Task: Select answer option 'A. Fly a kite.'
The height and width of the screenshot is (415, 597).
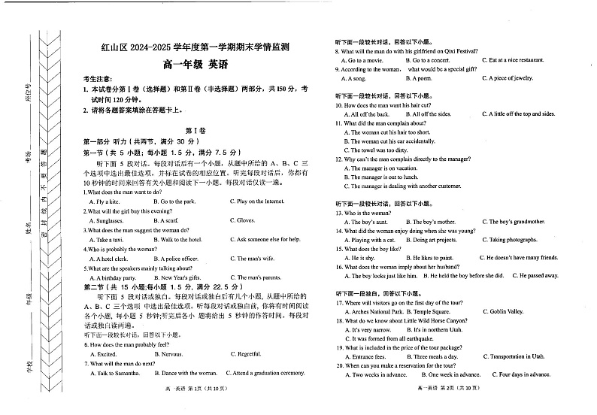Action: pos(104,201)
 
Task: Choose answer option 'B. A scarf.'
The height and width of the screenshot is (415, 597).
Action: pos(165,220)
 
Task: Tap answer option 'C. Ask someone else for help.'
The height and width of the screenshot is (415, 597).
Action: pos(269,239)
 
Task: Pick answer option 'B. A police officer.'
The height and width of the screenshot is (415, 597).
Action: pos(177,258)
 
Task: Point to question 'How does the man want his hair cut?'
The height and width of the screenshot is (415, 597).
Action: pos(393,105)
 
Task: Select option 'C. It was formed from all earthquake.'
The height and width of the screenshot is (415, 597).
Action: pos(391,338)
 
